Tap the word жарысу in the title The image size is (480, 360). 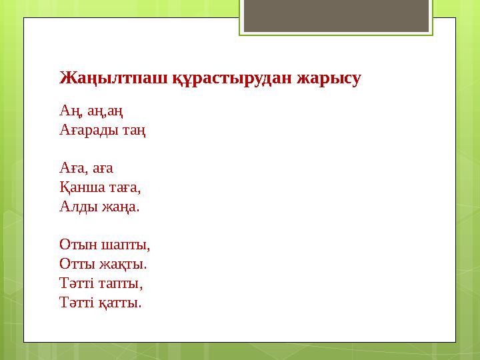pyautogui.click(x=330, y=79)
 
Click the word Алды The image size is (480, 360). pyautogui.click(x=77, y=206)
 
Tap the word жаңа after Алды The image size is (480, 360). pyautogui.click(x=121, y=206)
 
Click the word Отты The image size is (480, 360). pyautogui.click(x=76, y=264)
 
